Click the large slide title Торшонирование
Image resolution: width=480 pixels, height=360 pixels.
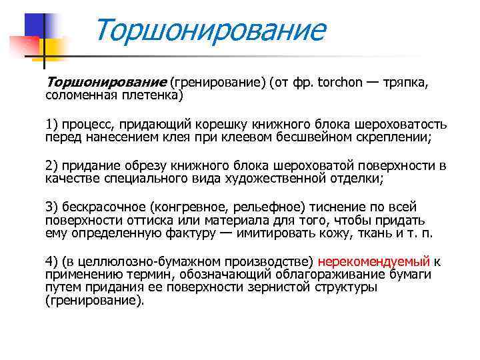click(210, 31)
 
